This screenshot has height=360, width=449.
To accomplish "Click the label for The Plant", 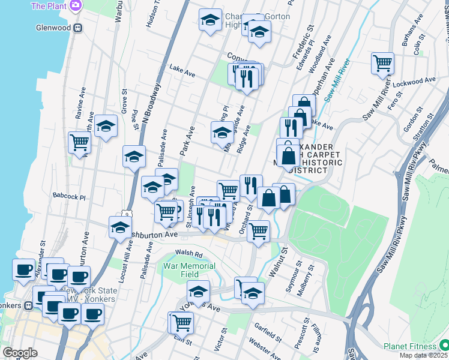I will [x=48, y=6].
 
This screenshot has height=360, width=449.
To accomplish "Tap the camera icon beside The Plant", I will [x=76, y=6].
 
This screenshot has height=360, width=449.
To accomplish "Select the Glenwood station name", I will [x=53, y=28].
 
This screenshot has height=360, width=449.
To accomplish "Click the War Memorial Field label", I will [x=189, y=270].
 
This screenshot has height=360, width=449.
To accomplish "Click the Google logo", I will [x=20, y=353].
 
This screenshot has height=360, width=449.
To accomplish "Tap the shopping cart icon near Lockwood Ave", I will [x=382, y=62].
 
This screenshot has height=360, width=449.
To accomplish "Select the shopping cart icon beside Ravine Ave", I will [x=79, y=143].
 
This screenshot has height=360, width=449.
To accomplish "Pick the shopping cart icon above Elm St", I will [x=181, y=322].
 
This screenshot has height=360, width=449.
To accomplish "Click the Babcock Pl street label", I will [x=69, y=196].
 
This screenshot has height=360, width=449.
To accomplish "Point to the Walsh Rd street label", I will [x=186, y=253].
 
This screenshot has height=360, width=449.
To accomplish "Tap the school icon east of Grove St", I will [x=106, y=126].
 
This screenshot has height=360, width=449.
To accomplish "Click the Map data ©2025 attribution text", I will [x=423, y=355].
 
